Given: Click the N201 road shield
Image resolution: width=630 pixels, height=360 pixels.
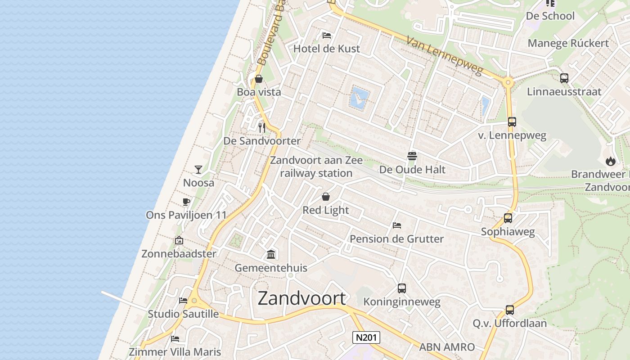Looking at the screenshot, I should [x=366, y=337].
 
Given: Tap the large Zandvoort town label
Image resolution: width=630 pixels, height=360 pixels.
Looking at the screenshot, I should [x=302, y=298].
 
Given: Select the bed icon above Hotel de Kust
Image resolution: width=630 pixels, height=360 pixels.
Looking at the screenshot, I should [x=327, y=35].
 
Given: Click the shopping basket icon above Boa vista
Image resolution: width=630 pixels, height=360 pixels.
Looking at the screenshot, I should [x=259, y=79].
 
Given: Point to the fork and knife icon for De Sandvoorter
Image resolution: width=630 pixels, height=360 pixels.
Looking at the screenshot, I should [x=262, y=128].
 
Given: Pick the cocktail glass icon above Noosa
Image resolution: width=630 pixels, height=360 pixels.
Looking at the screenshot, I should [x=198, y=170].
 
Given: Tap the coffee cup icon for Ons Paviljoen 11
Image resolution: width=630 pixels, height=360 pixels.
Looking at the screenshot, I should [x=186, y=202].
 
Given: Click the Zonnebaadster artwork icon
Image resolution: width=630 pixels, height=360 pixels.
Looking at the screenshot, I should [x=179, y=240].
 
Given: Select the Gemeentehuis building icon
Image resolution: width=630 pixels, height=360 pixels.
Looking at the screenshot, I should [x=271, y=255].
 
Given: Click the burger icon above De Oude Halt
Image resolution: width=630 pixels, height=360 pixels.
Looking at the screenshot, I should [x=412, y=156].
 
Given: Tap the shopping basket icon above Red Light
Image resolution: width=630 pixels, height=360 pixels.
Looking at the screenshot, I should [x=326, y=197].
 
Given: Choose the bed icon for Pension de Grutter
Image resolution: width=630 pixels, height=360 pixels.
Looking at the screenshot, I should [x=396, y=225].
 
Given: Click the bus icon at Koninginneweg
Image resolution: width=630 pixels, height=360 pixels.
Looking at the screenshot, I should [x=402, y=288].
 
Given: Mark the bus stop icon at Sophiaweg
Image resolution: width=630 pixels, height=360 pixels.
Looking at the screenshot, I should [x=508, y=218].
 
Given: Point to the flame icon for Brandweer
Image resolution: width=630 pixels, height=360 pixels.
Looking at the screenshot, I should [x=610, y=161].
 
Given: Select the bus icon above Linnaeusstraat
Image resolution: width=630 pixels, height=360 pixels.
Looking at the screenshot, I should [x=564, y=78].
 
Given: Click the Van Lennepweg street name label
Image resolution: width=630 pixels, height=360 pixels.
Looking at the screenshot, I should [x=444, y=56].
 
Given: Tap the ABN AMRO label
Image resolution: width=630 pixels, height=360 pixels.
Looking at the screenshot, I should [x=447, y=347].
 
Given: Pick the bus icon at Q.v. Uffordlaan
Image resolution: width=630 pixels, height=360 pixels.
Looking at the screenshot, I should [x=509, y=310].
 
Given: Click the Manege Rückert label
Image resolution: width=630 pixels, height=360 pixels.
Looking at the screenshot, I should [x=568, y=43].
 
